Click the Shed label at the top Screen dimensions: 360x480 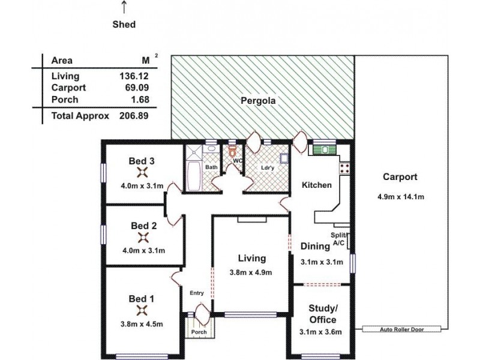pyautogui.click(x=124, y=25)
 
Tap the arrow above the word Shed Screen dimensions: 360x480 pyautogui.click(x=124, y=7)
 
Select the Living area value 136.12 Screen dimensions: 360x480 pyautogui.click(x=134, y=76)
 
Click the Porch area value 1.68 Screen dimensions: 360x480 pyautogui.click(x=139, y=99)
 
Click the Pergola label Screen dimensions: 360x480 pyautogui.click(x=258, y=101)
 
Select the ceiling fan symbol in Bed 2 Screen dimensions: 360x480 pyautogui.click(x=142, y=238)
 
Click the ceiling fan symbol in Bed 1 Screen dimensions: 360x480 pyautogui.click(x=142, y=310)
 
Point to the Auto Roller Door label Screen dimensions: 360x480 pyautogui.click(x=401, y=329)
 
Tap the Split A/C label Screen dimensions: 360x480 pyautogui.click(x=338, y=238)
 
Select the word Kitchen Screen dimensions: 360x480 pyautogui.click(x=316, y=185)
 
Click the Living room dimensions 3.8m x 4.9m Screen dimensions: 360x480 pyautogui.click(x=251, y=272)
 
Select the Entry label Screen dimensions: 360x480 pyautogui.click(x=197, y=293)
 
